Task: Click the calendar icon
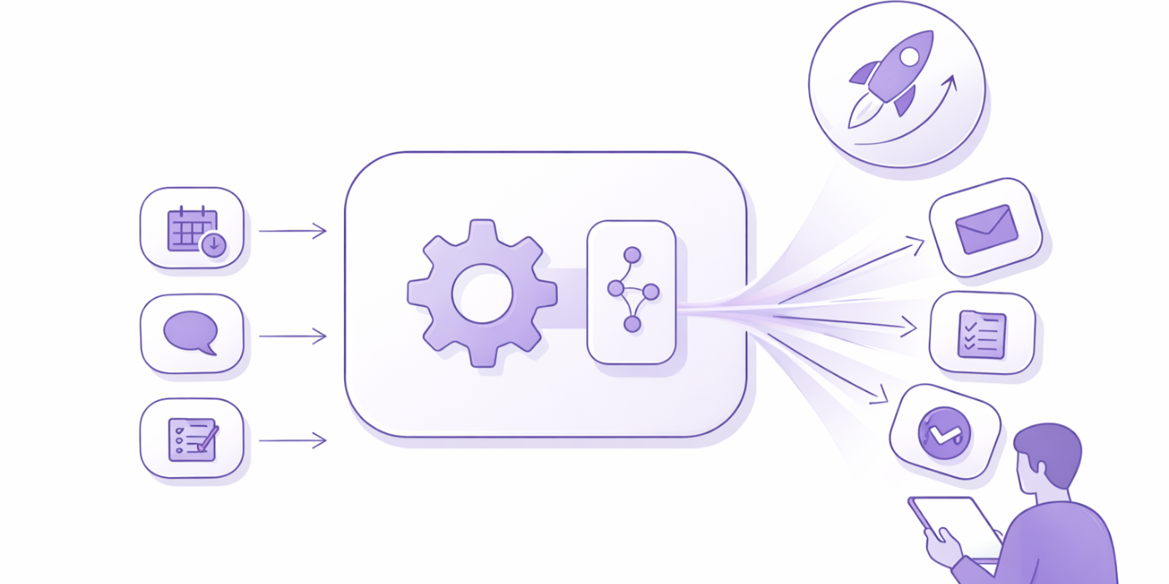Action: pyautogui.click(x=191, y=228)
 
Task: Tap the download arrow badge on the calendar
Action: pyautogui.click(x=214, y=244)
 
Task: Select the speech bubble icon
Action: pyautogui.click(x=190, y=332)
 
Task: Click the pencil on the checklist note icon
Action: pyautogui.click(x=208, y=435)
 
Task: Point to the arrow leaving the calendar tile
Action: pyautogui.click(x=292, y=230)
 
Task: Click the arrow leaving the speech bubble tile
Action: pyautogui.click(x=292, y=336)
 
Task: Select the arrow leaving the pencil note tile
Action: pyautogui.click(x=292, y=441)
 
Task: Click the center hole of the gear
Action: pyautogui.click(x=482, y=293)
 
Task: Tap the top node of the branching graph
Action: pyautogui.click(x=632, y=254)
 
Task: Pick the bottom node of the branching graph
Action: pyautogui.click(x=632, y=324)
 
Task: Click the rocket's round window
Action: pyautogui.click(x=908, y=56)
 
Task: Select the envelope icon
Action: pyautogui.click(x=986, y=229)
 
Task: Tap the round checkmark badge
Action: pyautogui.click(x=944, y=432)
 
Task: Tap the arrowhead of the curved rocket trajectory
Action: pyautogui.click(x=950, y=82)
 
